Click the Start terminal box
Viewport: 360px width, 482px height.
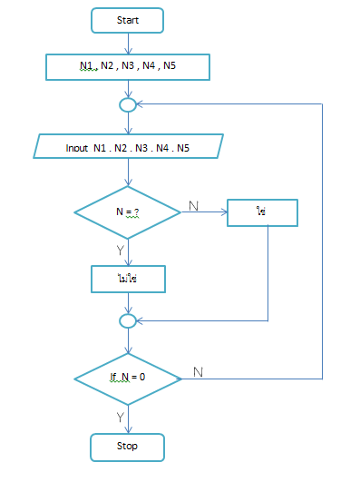[128, 20]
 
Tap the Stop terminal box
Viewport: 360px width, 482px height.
[128, 447]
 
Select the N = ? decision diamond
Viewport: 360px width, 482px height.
[128, 212]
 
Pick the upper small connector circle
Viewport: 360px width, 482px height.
[128, 104]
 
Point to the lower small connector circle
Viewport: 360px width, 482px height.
[128, 320]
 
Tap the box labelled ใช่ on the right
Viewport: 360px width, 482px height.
[262, 211]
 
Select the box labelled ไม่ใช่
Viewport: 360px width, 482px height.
[128, 278]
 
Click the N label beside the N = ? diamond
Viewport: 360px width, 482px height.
[192, 206]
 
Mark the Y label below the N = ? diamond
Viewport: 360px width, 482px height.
[117, 248]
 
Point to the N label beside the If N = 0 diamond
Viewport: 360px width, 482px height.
[198, 371]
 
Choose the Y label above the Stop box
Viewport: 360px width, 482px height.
[118, 416]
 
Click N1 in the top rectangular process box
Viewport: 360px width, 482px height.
[86, 66]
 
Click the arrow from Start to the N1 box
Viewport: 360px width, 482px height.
[128, 44]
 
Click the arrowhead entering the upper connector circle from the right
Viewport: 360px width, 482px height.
[141, 104]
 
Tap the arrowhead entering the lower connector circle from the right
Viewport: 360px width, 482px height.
[141, 320]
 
